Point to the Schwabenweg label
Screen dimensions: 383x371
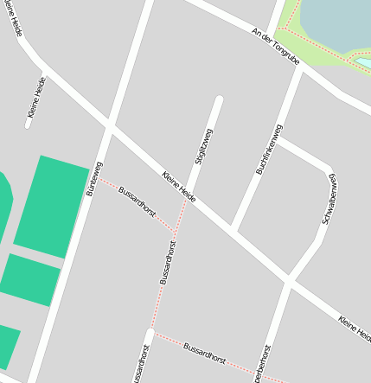(329, 199)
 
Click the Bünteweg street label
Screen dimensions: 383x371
(94, 178)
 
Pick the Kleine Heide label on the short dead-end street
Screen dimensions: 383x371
(36, 97)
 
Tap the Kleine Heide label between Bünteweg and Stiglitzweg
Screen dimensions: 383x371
(178, 187)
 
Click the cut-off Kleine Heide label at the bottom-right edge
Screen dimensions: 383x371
(355, 326)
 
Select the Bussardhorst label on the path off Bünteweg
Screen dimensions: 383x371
(137, 201)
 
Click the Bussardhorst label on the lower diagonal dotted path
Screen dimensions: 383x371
(204, 352)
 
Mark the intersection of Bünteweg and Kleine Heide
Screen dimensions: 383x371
(109, 128)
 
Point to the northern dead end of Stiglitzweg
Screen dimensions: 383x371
(219, 101)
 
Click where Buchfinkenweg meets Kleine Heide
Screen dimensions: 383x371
(234, 230)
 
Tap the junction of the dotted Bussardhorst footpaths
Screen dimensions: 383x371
(174, 233)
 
